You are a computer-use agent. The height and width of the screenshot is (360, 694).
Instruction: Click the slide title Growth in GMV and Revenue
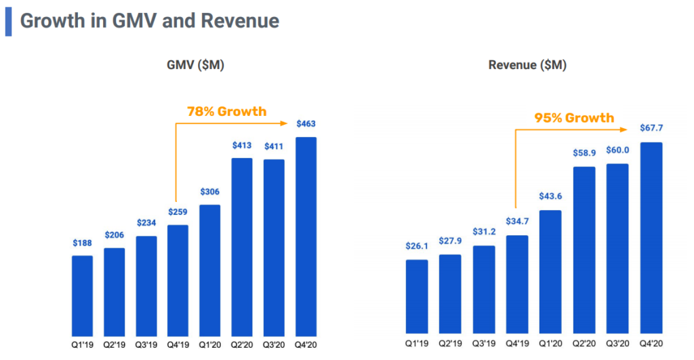pyautogui.click(x=149, y=21)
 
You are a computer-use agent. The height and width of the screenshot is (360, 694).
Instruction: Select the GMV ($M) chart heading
pyautogui.click(x=196, y=66)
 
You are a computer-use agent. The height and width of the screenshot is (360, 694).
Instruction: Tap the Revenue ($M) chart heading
pyautogui.click(x=527, y=66)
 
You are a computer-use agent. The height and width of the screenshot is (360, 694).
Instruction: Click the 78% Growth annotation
pyautogui.click(x=226, y=111)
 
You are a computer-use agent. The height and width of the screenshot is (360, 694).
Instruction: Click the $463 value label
pyautogui.click(x=306, y=124)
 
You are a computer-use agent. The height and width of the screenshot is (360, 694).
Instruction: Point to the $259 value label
pyautogui.click(x=178, y=212)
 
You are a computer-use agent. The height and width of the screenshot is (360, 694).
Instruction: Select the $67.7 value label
pyautogui.click(x=651, y=129)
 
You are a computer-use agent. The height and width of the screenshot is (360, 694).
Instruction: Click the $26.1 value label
pyautogui.click(x=417, y=247)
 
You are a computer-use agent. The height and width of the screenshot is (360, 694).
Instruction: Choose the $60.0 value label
pyautogui.click(x=617, y=151)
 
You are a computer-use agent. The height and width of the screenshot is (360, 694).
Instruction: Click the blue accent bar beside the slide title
pyautogui.click(x=8, y=21)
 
